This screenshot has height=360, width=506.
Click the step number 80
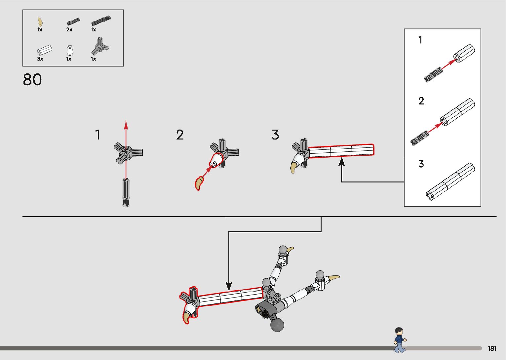[32, 80]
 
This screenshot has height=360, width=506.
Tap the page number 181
[492, 348]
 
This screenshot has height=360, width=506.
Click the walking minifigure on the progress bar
[400, 340]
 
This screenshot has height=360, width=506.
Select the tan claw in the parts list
[40, 22]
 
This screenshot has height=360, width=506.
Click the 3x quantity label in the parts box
[40, 59]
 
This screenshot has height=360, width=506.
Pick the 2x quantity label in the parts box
[69, 29]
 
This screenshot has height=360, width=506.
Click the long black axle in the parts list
[101, 21]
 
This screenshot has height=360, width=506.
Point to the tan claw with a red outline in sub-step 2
[199, 183]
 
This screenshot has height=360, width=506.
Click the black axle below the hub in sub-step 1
[126, 192]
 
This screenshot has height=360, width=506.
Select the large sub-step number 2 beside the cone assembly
[180, 135]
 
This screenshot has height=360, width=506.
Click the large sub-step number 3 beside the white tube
[275, 135]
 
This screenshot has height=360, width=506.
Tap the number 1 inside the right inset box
[420, 40]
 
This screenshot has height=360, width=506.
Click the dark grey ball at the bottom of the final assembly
[277, 325]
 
